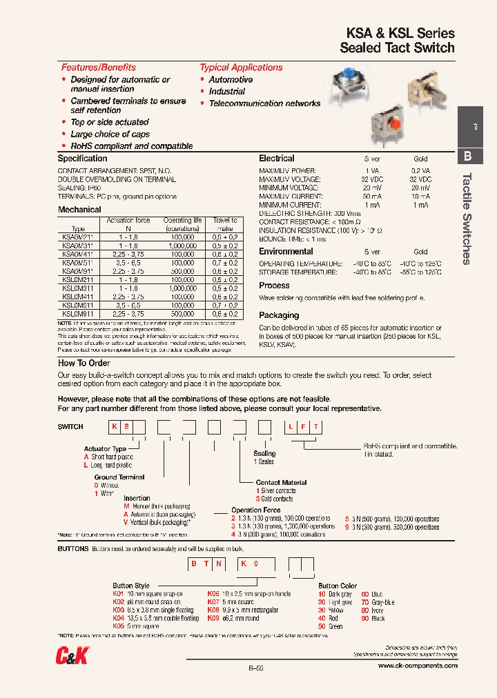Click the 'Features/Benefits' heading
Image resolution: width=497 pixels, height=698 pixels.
click(x=98, y=68)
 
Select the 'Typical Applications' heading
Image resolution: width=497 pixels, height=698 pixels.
click(x=241, y=68)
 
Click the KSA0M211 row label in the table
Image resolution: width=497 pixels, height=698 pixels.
click(x=77, y=237)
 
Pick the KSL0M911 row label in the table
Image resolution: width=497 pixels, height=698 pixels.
click(x=77, y=313)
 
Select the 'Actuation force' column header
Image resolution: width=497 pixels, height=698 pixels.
click(x=128, y=221)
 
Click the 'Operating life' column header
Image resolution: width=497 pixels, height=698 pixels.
click(x=182, y=221)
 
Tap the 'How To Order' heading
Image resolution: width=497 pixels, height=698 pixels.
click(x=84, y=363)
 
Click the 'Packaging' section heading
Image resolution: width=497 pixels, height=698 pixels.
click(x=279, y=315)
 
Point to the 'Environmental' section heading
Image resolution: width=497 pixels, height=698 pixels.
click(x=286, y=252)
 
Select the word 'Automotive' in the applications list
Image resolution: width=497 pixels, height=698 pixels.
click(x=231, y=80)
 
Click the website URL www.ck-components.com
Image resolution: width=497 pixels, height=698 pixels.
click(x=418, y=666)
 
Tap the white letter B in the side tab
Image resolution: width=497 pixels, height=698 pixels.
click(x=468, y=156)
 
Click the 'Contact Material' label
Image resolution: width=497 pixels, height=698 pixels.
click(x=281, y=482)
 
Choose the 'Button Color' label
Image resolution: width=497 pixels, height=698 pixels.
click(x=338, y=586)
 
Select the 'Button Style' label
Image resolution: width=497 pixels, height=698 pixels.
click(x=131, y=586)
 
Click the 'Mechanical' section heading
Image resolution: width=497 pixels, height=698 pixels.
click(x=79, y=209)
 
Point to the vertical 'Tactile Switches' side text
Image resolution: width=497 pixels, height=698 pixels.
click(x=467, y=218)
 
